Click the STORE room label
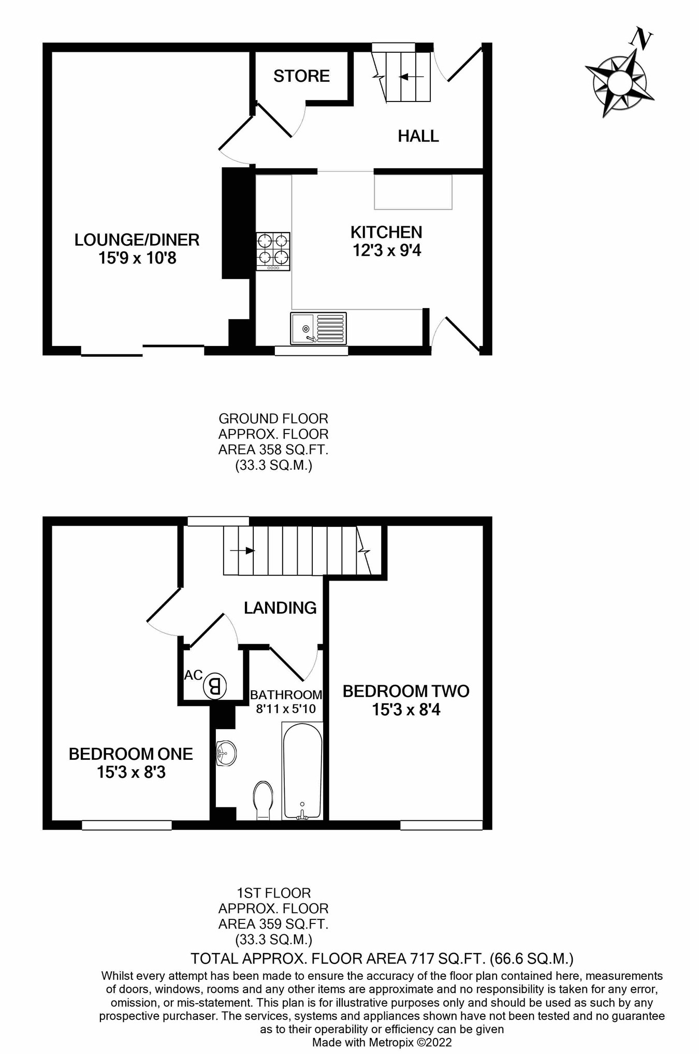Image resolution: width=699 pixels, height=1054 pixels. pos(301,76)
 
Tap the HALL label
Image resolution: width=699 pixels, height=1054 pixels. pos(418,136)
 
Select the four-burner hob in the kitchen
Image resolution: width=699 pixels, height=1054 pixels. pos(273,251)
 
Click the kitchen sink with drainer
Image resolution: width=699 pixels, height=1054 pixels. pos(318,328)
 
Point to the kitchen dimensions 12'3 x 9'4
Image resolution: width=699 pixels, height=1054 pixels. pos(387,251)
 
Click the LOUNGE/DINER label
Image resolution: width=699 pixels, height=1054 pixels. pos(137,240)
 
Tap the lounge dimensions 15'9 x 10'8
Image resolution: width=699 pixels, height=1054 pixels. pos(137,258)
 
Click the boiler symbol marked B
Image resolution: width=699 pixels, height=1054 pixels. pos(214,687)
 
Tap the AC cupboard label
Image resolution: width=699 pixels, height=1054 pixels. pos(193,675)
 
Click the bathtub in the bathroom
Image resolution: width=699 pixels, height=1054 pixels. pos(302,771)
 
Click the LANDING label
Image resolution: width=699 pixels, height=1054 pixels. pos(280,608)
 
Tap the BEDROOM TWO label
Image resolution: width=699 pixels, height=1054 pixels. pos(406,691)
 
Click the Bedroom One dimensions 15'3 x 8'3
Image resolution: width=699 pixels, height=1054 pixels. pos(131,772)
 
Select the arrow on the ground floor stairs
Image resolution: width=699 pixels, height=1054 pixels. pos(412,77)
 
